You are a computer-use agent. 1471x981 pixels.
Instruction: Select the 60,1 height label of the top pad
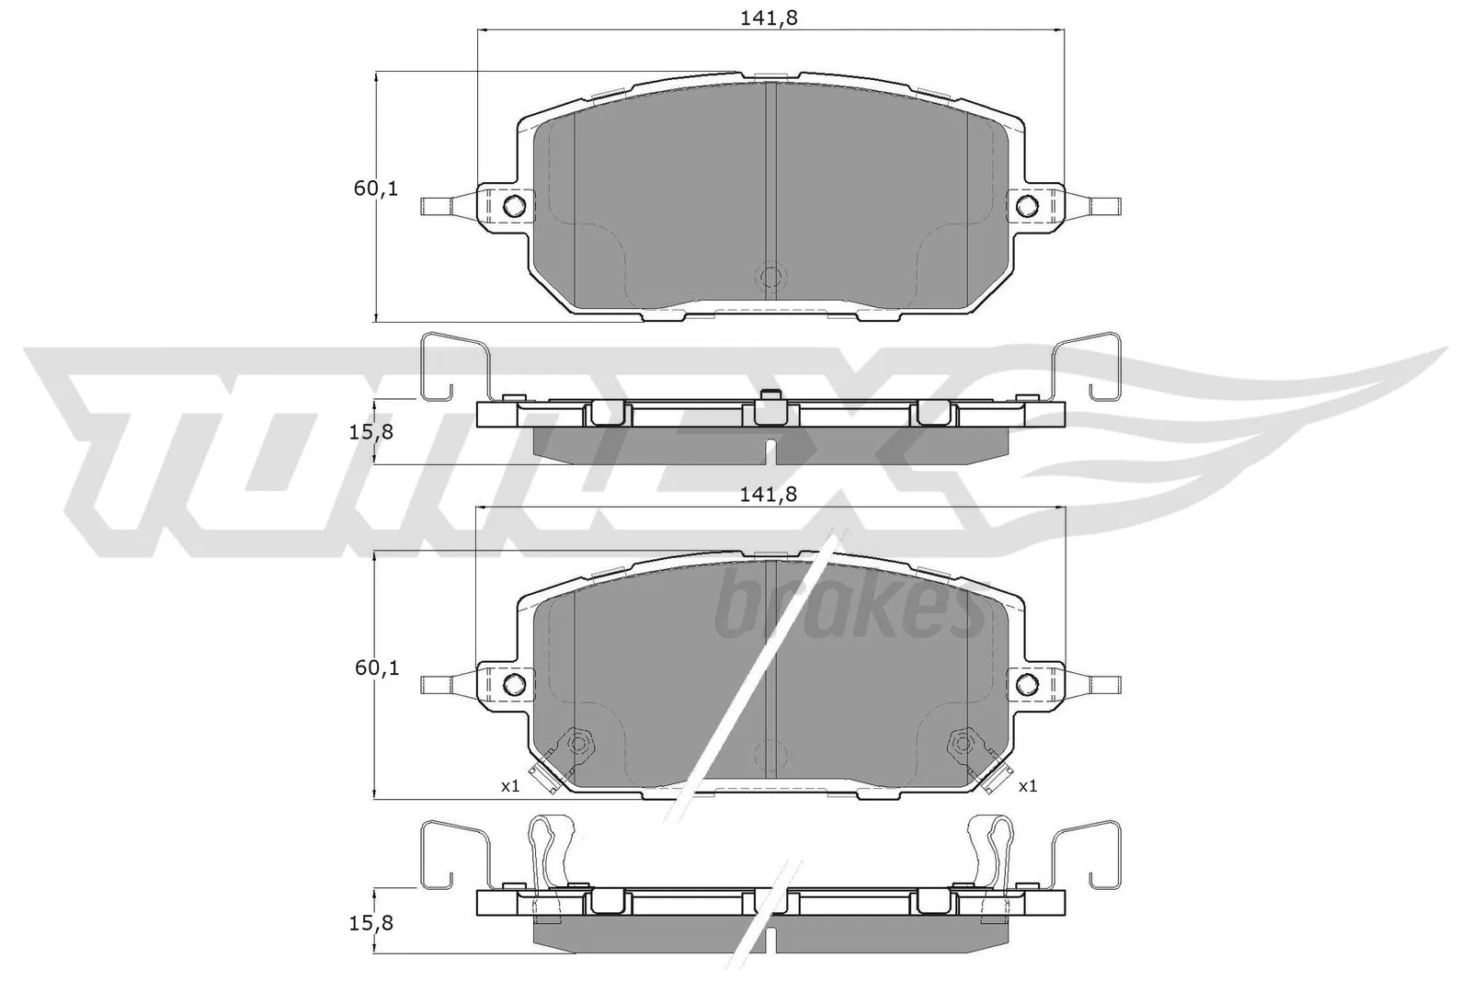(x=376, y=189)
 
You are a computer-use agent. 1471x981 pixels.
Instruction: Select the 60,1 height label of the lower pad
(x=376, y=668)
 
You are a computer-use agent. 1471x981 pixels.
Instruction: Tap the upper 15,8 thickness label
(x=373, y=431)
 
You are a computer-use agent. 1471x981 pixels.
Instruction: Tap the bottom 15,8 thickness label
(x=373, y=922)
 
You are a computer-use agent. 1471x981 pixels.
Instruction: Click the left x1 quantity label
(x=510, y=786)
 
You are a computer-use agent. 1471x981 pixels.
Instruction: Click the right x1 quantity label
(x=1028, y=786)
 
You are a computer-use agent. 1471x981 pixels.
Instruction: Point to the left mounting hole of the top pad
(x=516, y=205)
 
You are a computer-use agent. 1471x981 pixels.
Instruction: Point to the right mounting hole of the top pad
(x=1026, y=205)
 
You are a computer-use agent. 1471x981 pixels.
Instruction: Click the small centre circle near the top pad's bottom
(x=770, y=276)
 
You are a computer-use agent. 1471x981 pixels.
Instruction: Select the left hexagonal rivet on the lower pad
(x=578, y=740)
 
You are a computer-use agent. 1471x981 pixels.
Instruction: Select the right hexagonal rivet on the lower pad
(x=962, y=740)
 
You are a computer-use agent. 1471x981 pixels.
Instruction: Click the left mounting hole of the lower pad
(x=516, y=683)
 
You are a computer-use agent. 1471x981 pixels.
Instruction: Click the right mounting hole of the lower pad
(x=1026, y=683)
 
